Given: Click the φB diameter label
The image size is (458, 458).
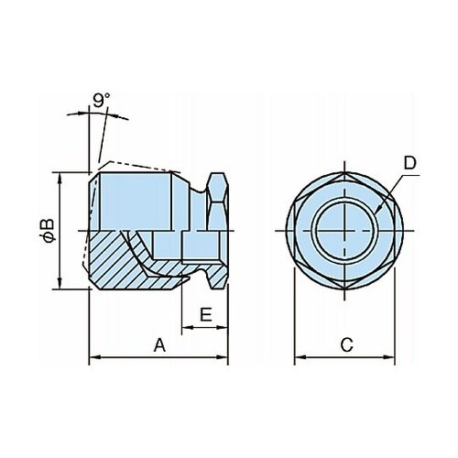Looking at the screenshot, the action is click(x=49, y=231).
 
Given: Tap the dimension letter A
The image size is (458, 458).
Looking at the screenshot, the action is click(x=159, y=345).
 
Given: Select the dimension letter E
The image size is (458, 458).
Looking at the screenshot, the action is click(x=206, y=314).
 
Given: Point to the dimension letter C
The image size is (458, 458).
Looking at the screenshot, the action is click(x=347, y=345).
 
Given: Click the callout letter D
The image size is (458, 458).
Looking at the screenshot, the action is click(x=410, y=163).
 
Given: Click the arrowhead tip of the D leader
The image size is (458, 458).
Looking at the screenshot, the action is click(x=376, y=213).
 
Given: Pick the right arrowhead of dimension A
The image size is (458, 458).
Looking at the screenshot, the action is click(x=227, y=356).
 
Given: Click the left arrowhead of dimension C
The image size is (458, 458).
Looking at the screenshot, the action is click(x=295, y=356).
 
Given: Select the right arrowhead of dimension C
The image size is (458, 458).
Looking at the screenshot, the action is click(x=395, y=356).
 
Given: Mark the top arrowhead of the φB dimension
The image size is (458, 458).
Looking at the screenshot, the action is click(x=60, y=173).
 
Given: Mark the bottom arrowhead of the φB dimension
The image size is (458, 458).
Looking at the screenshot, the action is click(x=60, y=289).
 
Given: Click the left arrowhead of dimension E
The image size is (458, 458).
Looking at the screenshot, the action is click(x=182, y=327).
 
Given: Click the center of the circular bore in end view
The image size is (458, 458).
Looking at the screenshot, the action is click(x=344, y=230).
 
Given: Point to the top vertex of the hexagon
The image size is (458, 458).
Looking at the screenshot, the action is click(x=344, y=171).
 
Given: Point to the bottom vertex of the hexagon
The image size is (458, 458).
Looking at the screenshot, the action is click(x=344, y=289).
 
